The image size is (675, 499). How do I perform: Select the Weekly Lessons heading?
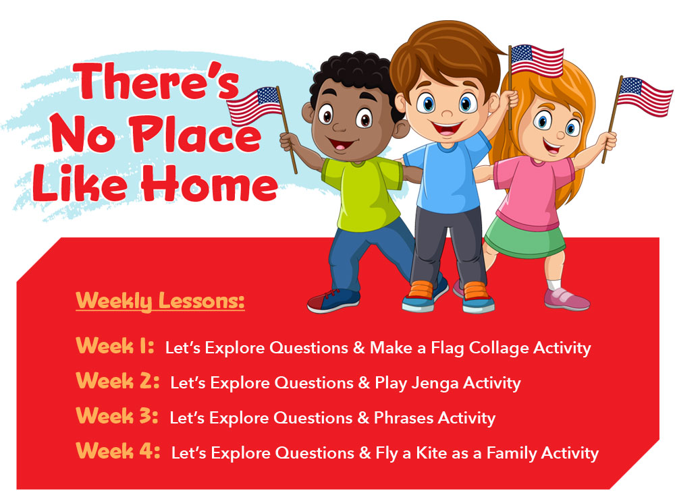pos(160,301)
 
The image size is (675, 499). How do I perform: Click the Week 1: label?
pos(115,346)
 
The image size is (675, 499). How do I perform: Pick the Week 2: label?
pos(117,381)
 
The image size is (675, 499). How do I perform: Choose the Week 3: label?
pos(117,416)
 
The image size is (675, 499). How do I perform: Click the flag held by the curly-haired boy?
pos(254,106)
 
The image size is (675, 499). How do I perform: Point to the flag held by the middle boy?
pos(537,60)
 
